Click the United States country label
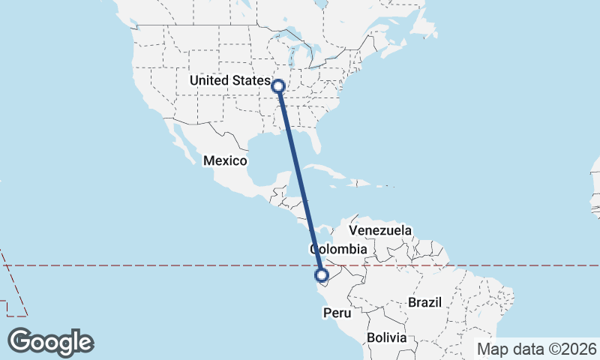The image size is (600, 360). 229,80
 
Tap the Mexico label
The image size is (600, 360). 226,160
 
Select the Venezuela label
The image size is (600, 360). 380,229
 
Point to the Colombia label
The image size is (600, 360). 338,249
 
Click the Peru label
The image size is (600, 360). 336,312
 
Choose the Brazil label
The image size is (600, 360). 424,302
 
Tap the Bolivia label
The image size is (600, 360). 386,338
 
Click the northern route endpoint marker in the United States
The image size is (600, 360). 279,86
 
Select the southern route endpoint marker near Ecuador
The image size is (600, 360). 322,276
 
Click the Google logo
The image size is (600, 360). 50,342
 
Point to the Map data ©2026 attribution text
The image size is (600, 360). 536,349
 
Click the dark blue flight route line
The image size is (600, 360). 300,180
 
